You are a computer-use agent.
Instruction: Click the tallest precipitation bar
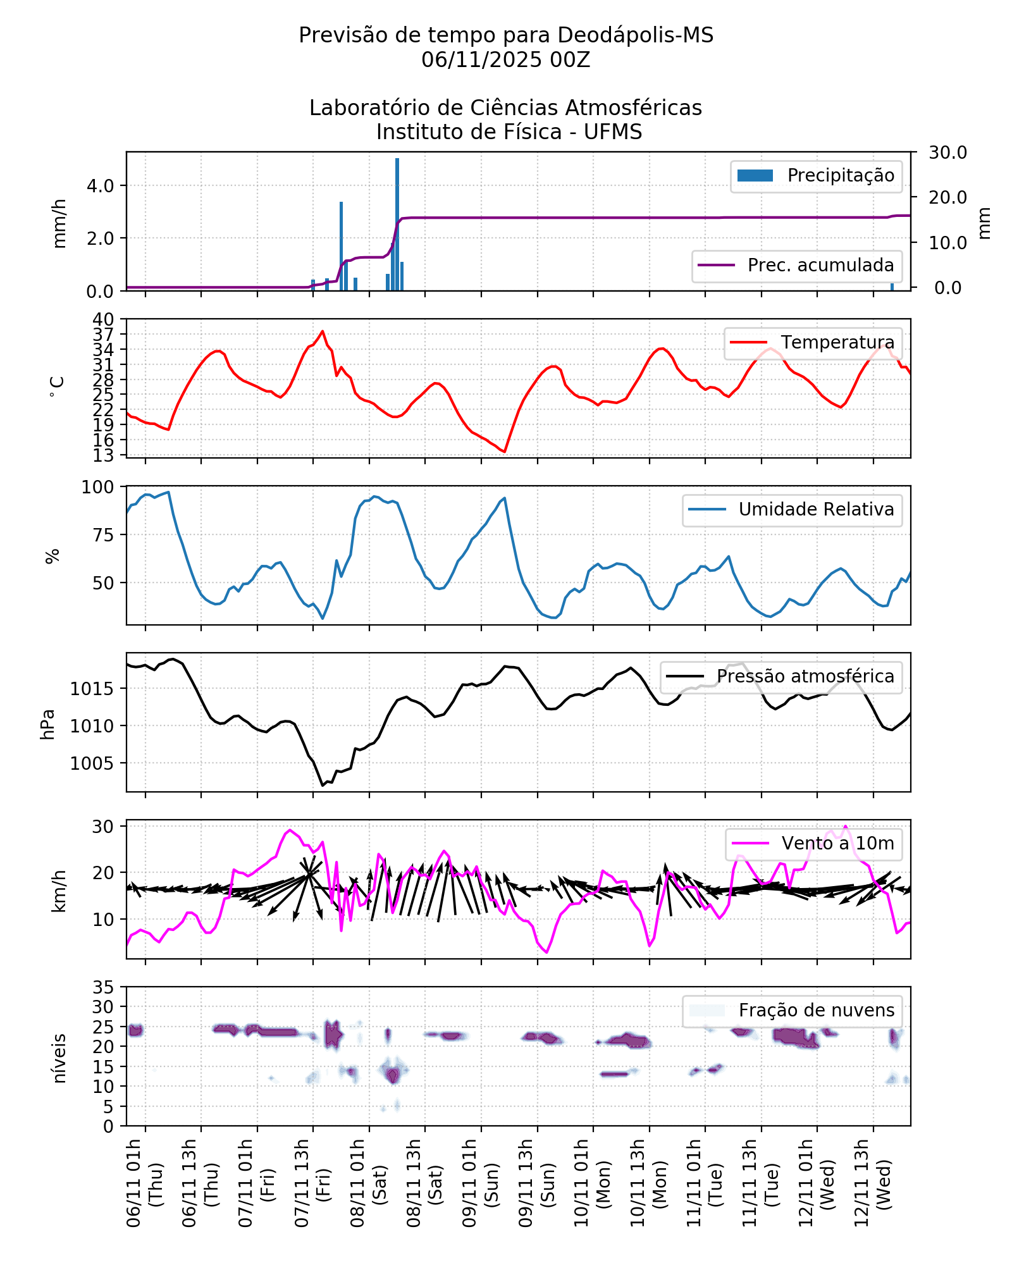point(397,225)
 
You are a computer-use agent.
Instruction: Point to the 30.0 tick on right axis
point(947,152)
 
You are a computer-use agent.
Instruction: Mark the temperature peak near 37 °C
point(323,331)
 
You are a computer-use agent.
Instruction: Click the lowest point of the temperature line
point(505,452)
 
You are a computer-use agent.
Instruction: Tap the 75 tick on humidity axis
point(103,535)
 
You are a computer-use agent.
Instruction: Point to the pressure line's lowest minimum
point(323,786)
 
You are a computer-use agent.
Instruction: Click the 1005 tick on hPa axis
point(92,763)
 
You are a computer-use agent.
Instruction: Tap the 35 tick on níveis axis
point(103,987)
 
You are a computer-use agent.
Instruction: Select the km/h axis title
point(58,891)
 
